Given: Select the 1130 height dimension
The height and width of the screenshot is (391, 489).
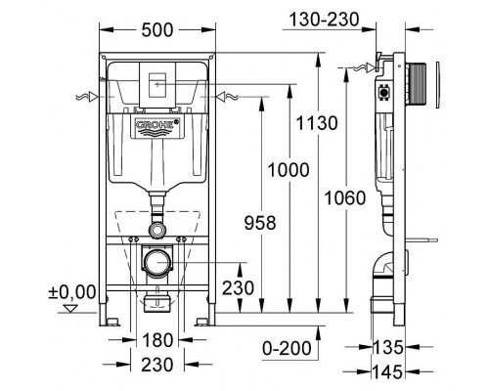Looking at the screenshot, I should [320, 123].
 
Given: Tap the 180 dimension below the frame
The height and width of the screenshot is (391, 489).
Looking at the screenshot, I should [156, 340].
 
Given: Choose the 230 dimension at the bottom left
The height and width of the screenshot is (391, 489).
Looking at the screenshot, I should [156, 364].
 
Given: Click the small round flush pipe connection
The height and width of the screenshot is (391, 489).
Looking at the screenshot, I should [156, 228].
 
